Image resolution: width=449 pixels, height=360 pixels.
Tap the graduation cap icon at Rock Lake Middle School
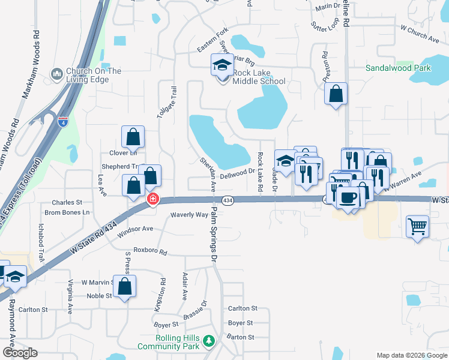point(223,64)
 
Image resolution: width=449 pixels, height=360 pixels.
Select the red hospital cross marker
point(153,199)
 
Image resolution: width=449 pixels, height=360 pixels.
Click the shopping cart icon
point(418,227)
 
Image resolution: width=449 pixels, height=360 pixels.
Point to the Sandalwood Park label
point(399,68)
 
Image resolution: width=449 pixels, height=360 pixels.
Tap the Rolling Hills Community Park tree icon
point(209,341)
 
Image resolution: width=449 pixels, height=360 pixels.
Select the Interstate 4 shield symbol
point(63,121)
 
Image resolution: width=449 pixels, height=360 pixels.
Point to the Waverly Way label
point(189,214)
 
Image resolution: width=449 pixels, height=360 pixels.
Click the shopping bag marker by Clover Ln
point(133,137)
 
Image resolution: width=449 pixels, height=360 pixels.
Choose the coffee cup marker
point(348,196)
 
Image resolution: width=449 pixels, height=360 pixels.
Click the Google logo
point(20,353)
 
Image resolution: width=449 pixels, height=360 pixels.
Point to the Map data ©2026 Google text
point(411,355)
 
